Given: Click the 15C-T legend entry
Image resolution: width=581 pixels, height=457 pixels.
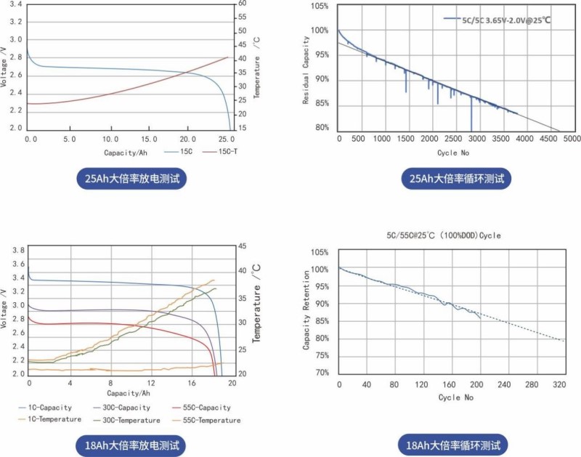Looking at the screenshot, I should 217,152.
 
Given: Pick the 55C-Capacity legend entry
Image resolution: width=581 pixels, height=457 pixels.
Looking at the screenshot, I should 204,408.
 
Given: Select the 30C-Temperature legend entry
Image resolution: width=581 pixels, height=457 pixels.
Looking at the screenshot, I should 127,420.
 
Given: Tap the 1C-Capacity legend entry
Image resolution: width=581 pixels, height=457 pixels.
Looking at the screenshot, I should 47,408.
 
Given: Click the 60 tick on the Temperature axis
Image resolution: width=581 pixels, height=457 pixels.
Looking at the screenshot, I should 242,4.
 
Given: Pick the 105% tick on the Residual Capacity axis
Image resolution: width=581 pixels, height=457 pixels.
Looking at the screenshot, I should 320,6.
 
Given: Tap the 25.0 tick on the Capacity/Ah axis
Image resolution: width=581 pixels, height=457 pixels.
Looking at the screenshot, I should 227,138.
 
